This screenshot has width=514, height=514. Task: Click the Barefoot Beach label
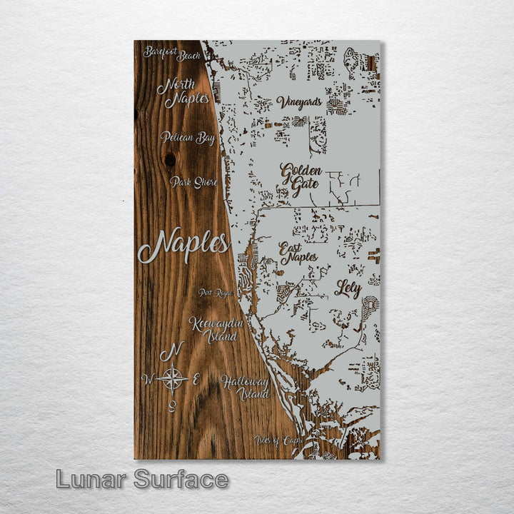172,53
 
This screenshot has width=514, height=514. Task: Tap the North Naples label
183,92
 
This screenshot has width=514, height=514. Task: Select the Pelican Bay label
187,137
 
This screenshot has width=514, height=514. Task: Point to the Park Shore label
193,182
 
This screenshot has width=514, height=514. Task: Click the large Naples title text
183,245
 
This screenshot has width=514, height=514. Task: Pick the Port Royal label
216,293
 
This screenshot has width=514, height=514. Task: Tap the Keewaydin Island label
216,329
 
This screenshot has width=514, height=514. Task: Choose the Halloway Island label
244,387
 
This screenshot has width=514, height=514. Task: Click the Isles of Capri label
278,440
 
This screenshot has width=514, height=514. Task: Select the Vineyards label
298,102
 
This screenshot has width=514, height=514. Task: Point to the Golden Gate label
301,180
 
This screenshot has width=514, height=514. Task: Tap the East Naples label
298,253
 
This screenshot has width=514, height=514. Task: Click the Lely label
348,288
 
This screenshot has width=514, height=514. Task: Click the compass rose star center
172,378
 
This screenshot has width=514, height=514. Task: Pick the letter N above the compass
171,351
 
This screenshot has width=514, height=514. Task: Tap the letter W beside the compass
148,378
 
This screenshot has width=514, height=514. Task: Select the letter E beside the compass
196,379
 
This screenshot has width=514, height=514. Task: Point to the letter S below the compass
172,407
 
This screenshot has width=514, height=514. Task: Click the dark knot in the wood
169,160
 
